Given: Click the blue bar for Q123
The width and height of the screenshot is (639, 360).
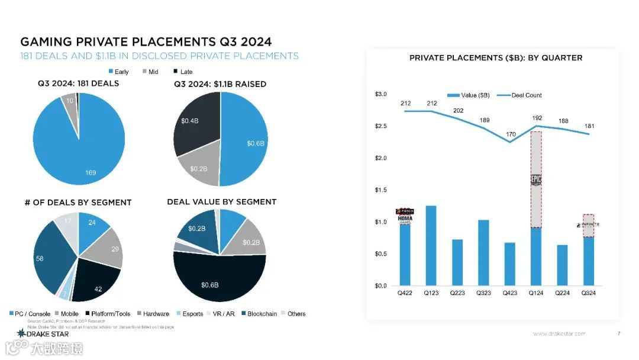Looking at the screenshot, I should click(431, 246).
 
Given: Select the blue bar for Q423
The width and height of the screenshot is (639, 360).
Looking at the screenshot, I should click(510, 264).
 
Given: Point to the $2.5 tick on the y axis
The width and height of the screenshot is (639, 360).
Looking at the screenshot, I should click(381, 126).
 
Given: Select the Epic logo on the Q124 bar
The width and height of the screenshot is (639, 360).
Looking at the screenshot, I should click(536, 180).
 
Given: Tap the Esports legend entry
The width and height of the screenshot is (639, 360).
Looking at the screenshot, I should click(189, 314).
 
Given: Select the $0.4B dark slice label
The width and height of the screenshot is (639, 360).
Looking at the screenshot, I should click(189, 121).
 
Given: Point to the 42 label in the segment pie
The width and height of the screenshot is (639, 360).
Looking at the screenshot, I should click(99, 289).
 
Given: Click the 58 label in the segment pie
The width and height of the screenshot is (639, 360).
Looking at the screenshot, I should click(40, 259).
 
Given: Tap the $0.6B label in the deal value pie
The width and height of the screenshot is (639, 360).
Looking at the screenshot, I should click(209, 285).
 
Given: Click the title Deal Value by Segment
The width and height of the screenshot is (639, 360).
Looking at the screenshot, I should click(221, 202).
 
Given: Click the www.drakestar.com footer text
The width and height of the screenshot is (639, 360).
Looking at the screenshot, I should click(559, 333).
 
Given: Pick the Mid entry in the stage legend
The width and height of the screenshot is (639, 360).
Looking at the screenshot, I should click(149, 72).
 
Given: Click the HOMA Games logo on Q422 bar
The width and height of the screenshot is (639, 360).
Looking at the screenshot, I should click(405, 218).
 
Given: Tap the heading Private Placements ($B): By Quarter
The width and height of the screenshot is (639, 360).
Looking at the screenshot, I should click(496, 58).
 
